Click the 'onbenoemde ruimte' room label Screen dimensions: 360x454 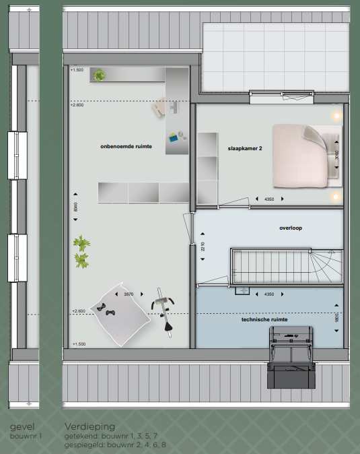click(126, 147)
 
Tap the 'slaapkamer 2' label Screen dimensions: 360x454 click(245, 149)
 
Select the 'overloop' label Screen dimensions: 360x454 click(291, 228)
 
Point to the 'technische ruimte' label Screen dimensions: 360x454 click(264, 320)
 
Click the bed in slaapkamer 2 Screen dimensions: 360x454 click(307, 156)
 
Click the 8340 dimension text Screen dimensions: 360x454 click(75, 207)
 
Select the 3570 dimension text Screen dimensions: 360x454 click(129, 294)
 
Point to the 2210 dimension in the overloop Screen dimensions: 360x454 click(203, 247)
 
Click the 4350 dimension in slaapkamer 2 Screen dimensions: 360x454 click(269, 199)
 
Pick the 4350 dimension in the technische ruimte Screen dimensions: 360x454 click(269, 294)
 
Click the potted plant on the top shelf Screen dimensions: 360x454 click(100, 75)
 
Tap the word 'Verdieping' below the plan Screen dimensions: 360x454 click(89, 426)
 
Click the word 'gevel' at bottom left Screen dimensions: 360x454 click(22, 427)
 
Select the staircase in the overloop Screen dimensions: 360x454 click(287, 266)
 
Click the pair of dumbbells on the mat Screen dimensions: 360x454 click(106, 309)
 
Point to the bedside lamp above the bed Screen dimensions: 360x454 click(336, 116)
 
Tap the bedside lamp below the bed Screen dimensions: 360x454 click(336, 197)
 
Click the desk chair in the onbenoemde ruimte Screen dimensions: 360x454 click(159, 107)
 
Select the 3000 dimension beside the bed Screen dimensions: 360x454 click(336, 155)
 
